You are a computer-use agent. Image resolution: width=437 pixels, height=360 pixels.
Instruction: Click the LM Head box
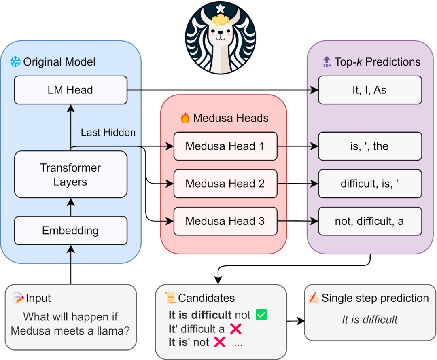[x=71, y=90]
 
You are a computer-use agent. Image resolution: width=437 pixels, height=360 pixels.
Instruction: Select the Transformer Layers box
[x=71, y=174]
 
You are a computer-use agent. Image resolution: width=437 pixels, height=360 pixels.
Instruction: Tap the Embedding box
[x=71, y=231]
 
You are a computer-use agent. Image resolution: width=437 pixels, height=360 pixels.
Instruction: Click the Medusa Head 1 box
[x=225, y=146]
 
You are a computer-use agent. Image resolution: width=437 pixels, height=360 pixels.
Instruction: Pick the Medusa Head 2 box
[x=225, y=184]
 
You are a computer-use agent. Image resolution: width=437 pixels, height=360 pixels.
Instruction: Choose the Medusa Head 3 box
[x=225, y=221]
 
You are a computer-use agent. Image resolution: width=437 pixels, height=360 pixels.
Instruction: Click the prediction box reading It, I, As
[x=370, y=90]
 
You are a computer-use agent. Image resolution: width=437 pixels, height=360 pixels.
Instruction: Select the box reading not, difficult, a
[x=370, y=221]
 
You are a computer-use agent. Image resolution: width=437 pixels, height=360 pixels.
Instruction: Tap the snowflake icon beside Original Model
[x=15, y=62]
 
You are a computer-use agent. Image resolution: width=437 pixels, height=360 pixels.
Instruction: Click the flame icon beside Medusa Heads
[x=185, y=118]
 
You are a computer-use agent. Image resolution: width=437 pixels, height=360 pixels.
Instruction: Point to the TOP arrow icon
[x=327, y=62]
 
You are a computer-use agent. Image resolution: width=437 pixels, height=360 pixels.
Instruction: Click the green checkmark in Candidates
[x=261, y=315]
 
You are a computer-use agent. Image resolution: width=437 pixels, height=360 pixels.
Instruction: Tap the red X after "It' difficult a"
[x=236, y=329]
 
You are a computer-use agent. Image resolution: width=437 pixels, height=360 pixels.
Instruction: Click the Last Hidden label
[x=108, y=132]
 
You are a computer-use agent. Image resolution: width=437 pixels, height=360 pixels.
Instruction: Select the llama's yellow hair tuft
[x=221, y=20]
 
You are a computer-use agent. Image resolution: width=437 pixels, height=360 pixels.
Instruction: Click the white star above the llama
[x=221, y=8]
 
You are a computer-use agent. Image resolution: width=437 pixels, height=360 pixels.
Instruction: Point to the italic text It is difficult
[x=370, y=320]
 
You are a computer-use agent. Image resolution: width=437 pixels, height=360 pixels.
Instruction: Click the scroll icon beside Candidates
[x=170, y=298]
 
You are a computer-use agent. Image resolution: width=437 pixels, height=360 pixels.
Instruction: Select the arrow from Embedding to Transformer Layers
[x=71, y=208]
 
